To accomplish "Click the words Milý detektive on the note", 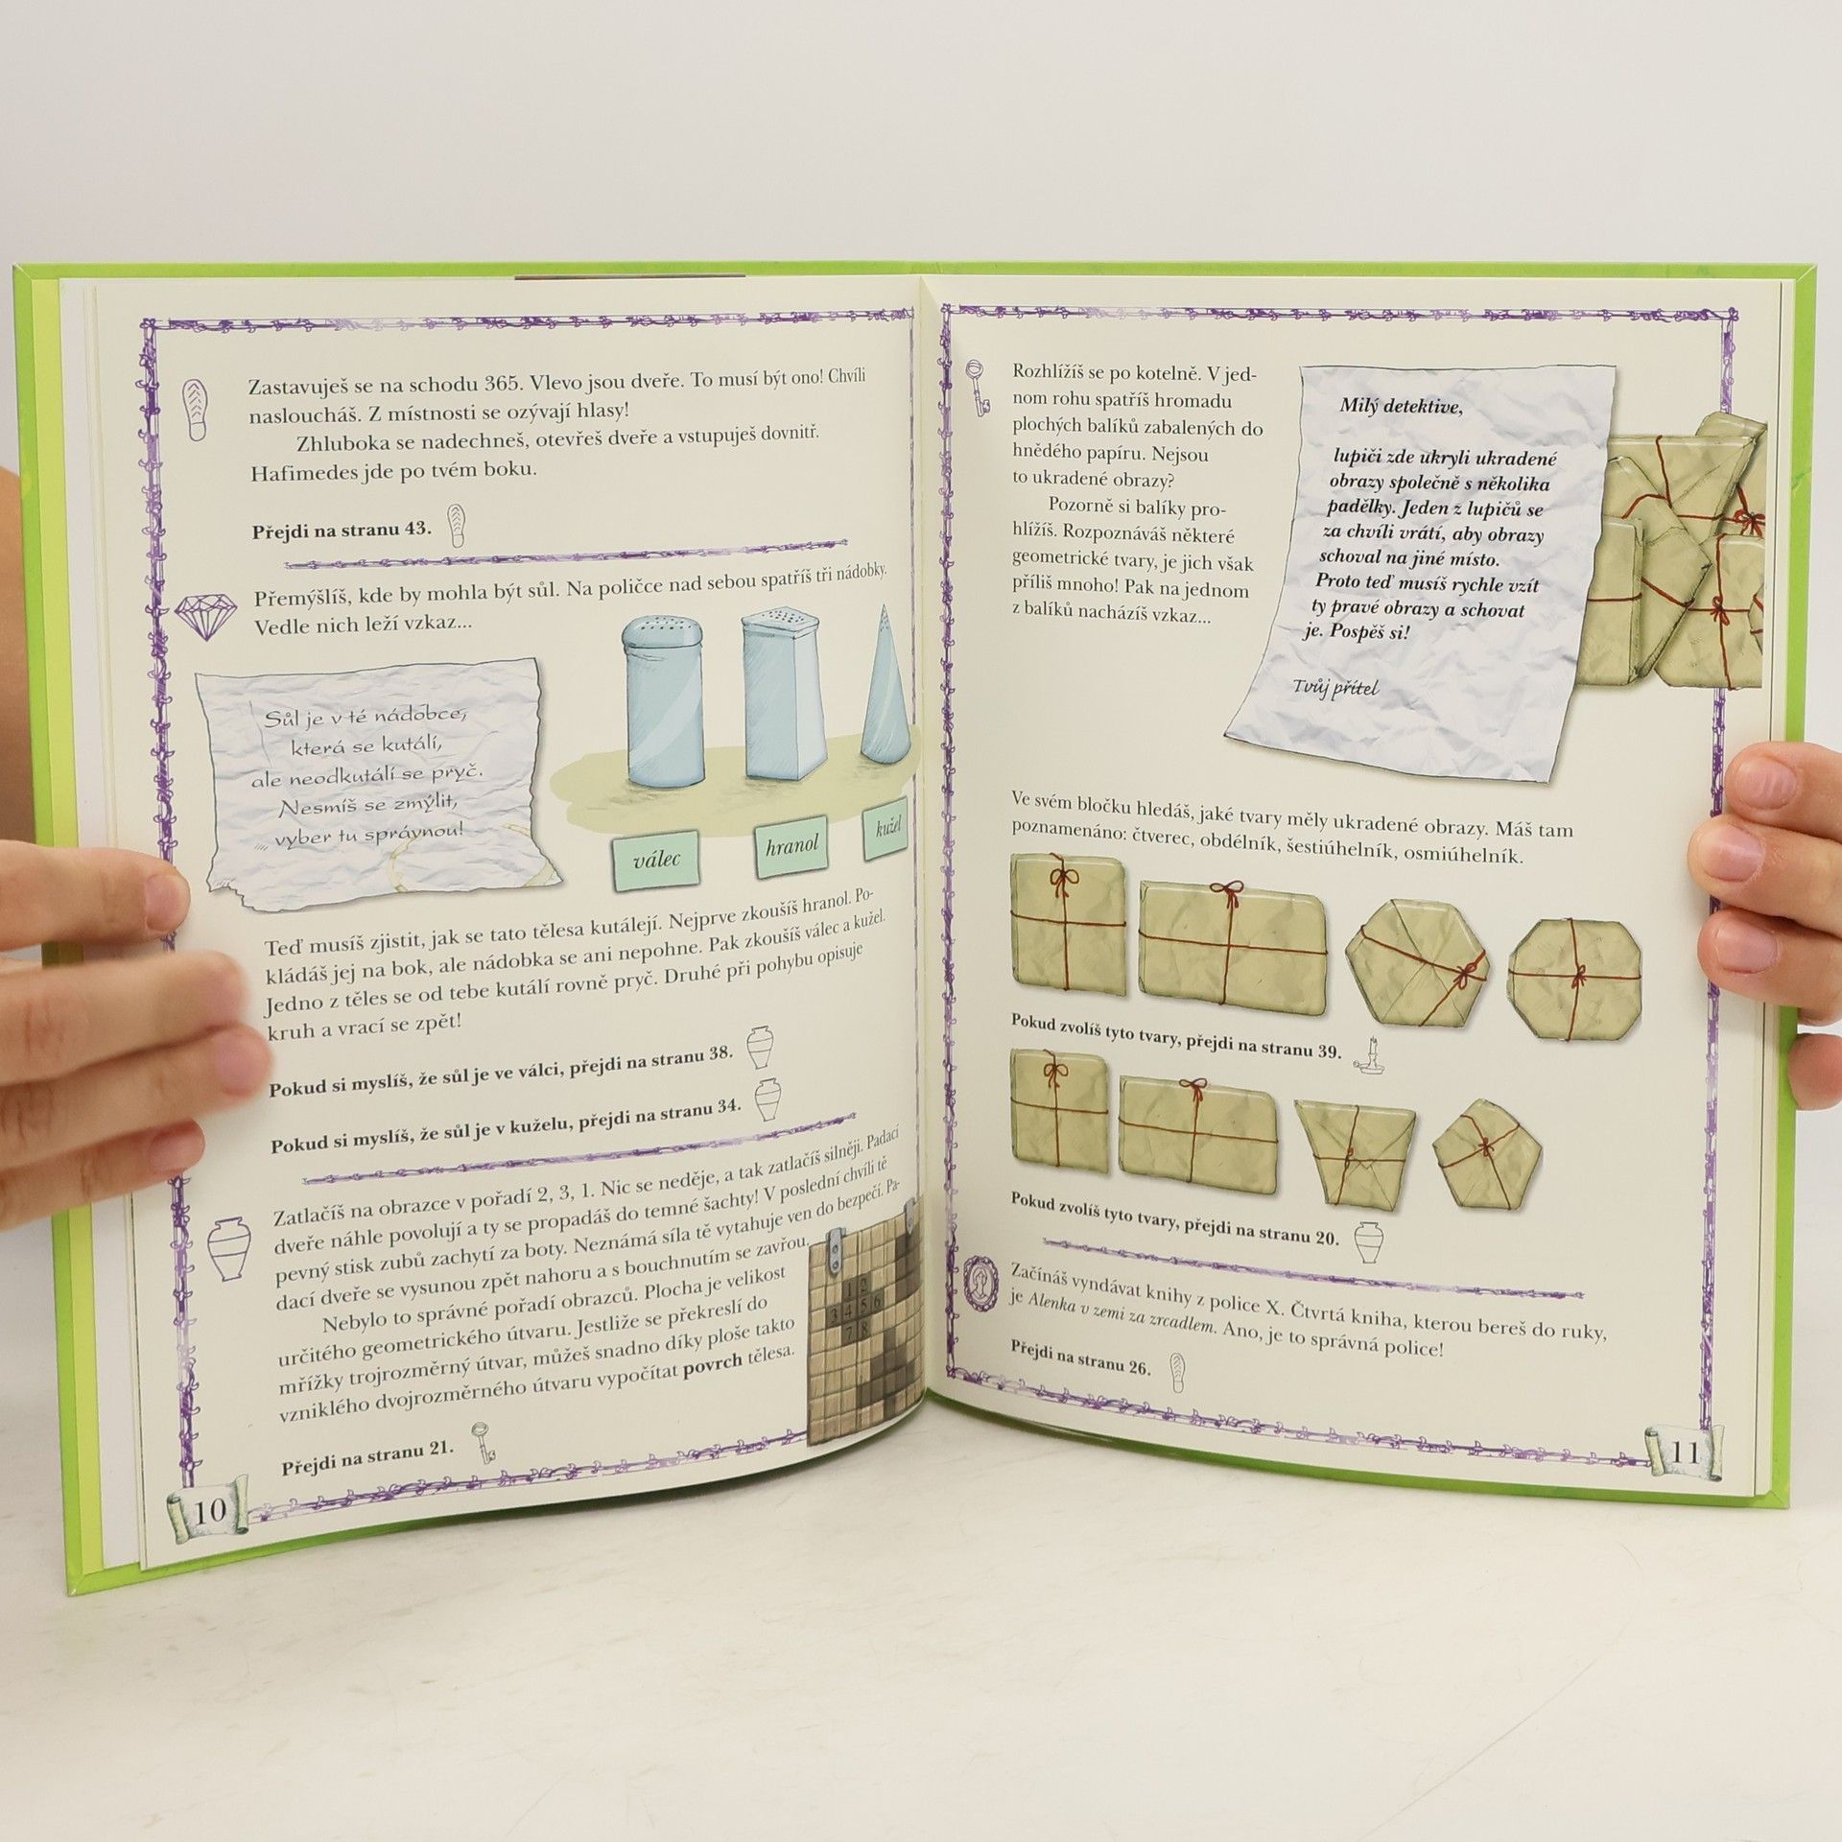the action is tap(1402, 406).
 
